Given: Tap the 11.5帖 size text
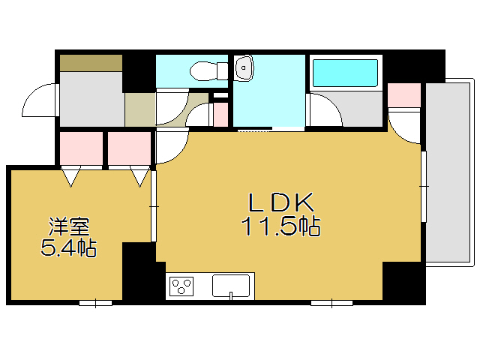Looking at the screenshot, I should point(280,226).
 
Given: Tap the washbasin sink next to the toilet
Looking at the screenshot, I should point(244,69).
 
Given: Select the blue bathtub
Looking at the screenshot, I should point(345,73).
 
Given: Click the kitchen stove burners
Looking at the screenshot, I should point(182,286).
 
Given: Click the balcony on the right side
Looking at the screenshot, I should point(449,172).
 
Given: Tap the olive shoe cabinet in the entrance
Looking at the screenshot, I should point(91,62).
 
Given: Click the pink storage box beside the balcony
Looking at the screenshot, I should point(404,94).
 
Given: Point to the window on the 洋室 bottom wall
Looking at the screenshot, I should point(96,303).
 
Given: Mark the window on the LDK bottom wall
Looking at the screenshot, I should point(331,303).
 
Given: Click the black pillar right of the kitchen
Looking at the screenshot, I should point(403,282).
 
